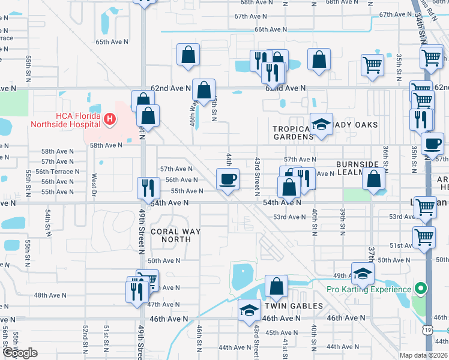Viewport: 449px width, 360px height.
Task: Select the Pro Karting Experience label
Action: pyautogui.click(x=369, y=289)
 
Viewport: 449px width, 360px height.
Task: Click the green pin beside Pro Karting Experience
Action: pyautogui.click(x=421, y=289)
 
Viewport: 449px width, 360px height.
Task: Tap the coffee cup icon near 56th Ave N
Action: pyautogui.click(x=228, y=179)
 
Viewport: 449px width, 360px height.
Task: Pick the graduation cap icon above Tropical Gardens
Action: pyautogui.click(x=321, y=124)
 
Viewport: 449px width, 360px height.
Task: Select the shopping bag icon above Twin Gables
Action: pyautogui.click(x=276, y=286)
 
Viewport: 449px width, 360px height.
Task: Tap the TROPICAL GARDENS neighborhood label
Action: pyautogui.click(x=293, y=133)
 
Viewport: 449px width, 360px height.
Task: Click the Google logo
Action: pyautogui.click(x=20, y=353)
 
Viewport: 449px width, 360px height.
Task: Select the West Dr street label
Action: pyautogui.click(x=94, y=184)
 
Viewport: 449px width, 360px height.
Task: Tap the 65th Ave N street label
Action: pyautogui.click(x=112, y=42)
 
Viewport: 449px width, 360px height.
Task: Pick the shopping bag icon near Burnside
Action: pyautogui.click(x=373, y=178)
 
